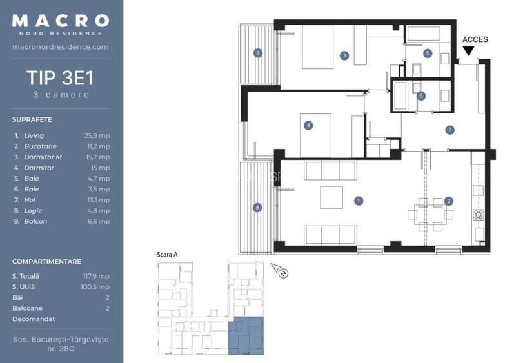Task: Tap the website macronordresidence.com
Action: (61, 47)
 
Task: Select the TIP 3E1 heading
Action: (61, 79)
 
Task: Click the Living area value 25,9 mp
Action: (97, 136)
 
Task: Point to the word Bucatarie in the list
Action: (40, 146)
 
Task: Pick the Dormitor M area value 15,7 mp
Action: (97, 157)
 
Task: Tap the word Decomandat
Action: (34, 319)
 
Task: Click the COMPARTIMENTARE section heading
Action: (46, 262)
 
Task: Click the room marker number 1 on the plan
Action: (358, 201)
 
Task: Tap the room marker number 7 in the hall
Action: (450, 130)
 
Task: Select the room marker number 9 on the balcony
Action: (258, 53)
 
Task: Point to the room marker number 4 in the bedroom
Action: (309, 125)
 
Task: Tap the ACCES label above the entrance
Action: (475, 40)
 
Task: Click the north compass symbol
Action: (281, 271)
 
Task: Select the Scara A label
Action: (167, 255)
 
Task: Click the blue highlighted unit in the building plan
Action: (247, 335)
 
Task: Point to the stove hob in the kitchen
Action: (479, 215)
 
